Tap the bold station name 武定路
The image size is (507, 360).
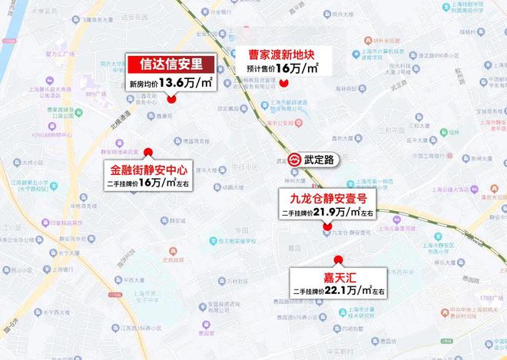pyautogui.click(x=319, y=160)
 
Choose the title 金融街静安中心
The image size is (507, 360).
pyautogui.click(x=148, y=169)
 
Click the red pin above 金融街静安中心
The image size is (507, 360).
pyautogui.click(x=148, y=151)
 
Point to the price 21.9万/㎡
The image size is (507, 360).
pyautogui.click(x=345, y=212)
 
